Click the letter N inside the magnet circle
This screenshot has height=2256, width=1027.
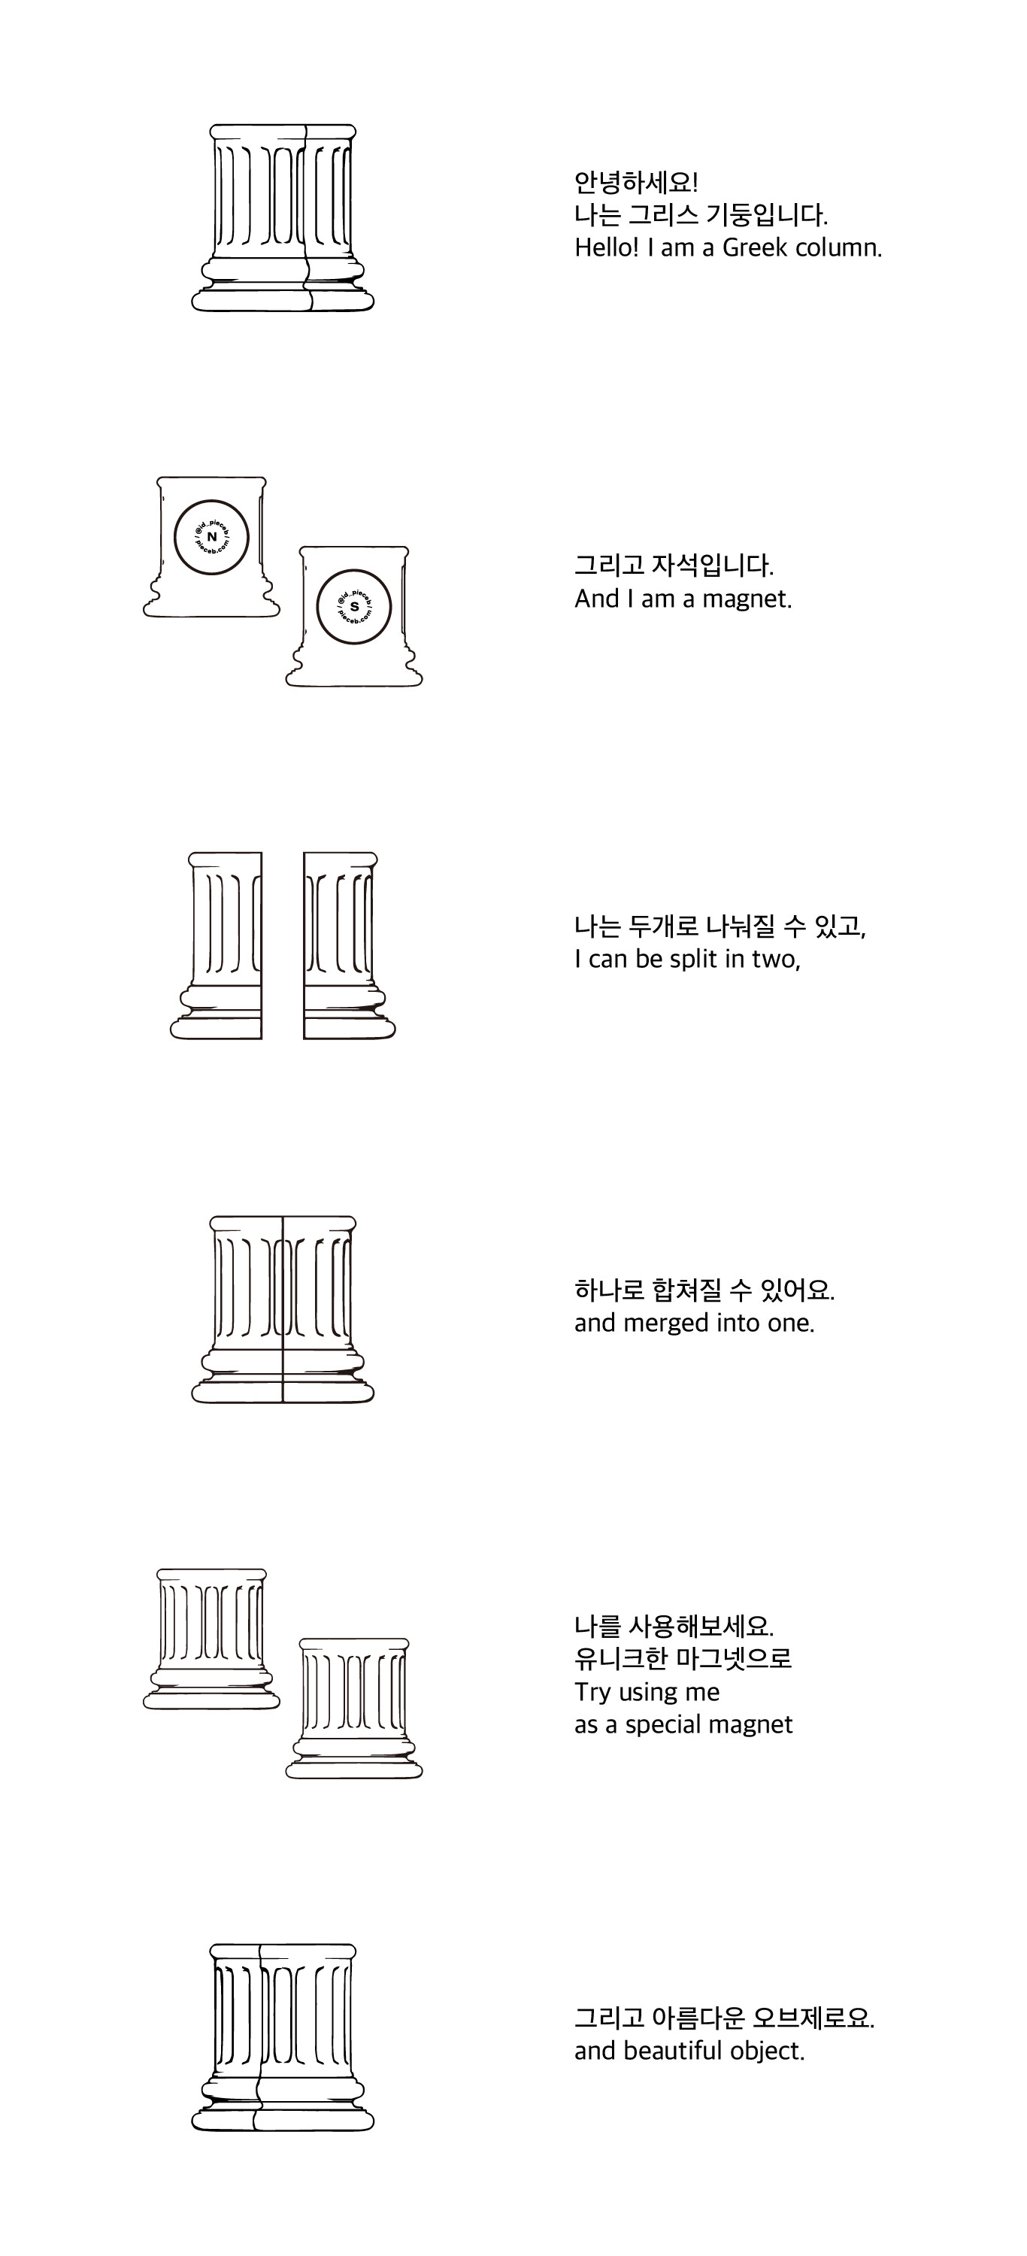click(212, 537)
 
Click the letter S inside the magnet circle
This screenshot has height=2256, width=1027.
click(353, 606)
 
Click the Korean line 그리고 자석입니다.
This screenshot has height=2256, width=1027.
click(674, 566)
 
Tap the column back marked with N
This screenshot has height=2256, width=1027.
click(212, 547)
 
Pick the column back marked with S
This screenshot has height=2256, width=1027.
click(353, 617)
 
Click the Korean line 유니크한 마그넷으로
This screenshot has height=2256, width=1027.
click(683, 1659)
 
